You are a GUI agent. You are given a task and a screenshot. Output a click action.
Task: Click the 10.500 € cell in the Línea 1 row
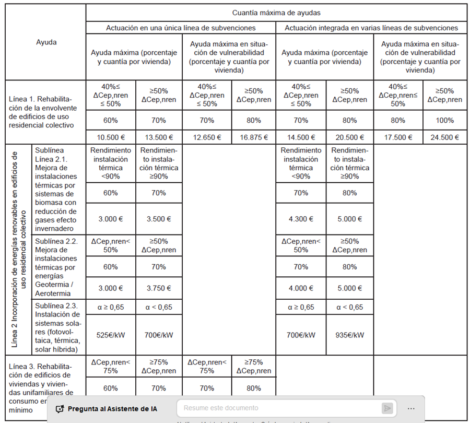[111, 138]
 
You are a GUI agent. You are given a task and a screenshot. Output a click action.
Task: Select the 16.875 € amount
[253, 138]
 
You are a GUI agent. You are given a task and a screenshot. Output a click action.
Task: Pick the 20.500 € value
[349, 138]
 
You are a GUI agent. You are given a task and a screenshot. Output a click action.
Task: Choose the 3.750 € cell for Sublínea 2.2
[158, 288]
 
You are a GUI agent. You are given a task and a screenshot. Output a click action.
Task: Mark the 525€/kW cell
[111, 335]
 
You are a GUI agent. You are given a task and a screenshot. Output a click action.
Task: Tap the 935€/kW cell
[349, 335]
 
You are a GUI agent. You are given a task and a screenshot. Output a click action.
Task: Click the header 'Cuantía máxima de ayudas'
[276, 12]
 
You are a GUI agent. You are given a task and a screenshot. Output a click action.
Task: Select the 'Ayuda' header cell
[46, 42]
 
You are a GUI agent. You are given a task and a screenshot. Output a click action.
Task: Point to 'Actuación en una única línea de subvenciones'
[181, 28]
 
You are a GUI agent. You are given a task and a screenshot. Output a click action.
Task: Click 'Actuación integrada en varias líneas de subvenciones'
[371, 28]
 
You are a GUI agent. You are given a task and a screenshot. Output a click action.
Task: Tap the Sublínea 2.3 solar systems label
[57, 327]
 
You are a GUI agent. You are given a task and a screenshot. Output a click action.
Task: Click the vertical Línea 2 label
[18, 250]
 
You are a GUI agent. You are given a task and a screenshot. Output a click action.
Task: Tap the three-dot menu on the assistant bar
[411, 408]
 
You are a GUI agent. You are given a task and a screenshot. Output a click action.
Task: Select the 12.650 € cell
[206, 138]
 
